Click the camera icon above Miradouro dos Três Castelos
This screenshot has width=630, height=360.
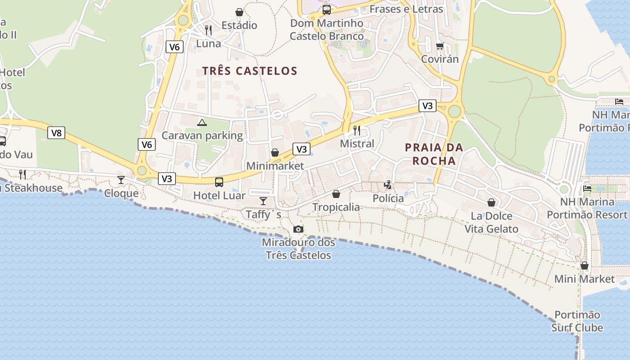click(298, 229)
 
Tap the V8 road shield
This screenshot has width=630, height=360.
click(56, 133)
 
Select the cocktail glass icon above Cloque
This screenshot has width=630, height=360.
click(121, 180)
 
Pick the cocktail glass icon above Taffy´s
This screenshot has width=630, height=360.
click(263, 201)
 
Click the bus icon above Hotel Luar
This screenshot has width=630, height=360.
click(219, 182)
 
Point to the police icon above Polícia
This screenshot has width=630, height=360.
click(388, 184)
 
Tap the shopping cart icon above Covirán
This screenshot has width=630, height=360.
click(440, 46)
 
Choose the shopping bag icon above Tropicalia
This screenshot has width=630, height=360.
click(336, 194)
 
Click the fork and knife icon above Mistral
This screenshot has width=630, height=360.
click(357, 130)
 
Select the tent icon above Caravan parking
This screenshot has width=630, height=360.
click(202, 122)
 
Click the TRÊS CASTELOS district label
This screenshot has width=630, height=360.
click(250, 71)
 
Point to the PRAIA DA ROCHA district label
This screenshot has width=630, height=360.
click(434, 154)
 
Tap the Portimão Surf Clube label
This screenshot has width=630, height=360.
click(577, 321)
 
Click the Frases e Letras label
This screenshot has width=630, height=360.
click(406, 9)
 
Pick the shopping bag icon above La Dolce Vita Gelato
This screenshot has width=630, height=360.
click(491, 202)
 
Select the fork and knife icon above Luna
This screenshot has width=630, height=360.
click(208, 30)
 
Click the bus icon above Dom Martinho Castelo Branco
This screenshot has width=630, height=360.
click(327, 10)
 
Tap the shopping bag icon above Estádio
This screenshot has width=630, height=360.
click(239, 12)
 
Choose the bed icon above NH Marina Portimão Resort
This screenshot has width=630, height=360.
click(587, 189)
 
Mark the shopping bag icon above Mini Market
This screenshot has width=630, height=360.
click(585, 266)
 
